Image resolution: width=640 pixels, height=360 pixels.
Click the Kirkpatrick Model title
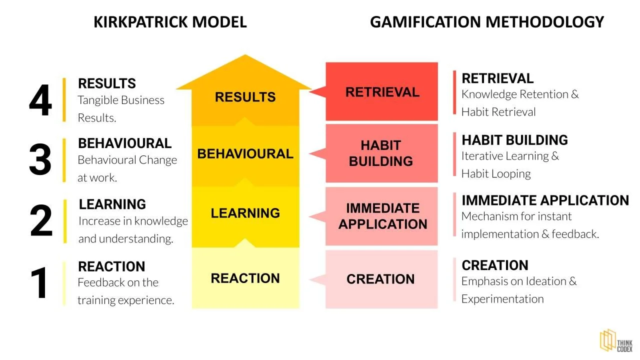(170, 22)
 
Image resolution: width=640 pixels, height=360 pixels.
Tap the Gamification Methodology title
(486, 22)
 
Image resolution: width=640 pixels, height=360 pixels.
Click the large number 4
(40, 100)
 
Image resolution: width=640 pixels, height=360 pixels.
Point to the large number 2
(40, 221)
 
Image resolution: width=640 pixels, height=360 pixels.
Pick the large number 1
(40, 283)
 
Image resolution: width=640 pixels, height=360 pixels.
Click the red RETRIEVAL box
(381, 92)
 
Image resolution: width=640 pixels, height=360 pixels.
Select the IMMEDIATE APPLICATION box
(382, 216)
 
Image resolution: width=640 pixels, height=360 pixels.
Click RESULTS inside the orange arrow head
(245, 96)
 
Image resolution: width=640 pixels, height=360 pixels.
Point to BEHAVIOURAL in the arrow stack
(245, 153)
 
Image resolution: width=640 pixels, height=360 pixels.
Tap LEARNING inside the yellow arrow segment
(245, 213)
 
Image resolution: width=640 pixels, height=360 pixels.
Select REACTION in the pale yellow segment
(245, 278)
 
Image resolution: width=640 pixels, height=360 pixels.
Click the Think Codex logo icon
(607, 341)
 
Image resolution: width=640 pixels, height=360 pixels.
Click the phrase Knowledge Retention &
(520, 94)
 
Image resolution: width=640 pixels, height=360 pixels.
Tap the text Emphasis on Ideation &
(519, 281)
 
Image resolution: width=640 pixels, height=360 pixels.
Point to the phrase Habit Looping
(496, 174)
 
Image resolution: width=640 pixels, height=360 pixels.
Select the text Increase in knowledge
(133, 221)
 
